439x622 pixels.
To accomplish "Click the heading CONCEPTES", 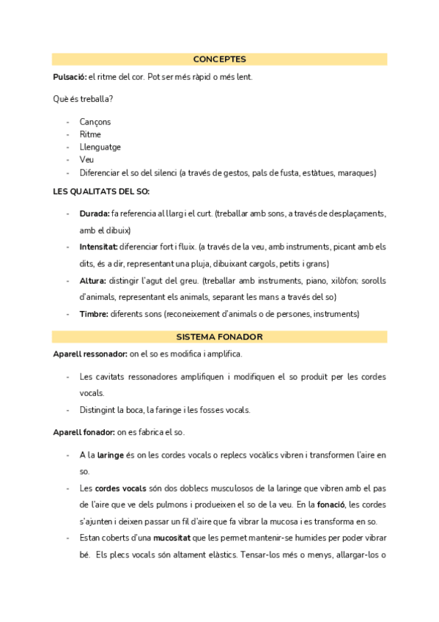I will coord(219,59).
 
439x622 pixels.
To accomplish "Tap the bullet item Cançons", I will coord(95,122).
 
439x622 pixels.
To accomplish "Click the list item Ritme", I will coord(90,134).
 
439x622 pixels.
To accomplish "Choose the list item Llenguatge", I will coord(100,147).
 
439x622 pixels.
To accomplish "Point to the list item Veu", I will coord(86,159).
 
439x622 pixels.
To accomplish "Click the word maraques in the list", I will coord(358,173).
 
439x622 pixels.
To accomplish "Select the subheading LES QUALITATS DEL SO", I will coord(101,191).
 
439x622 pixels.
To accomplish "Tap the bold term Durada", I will coord(94,213).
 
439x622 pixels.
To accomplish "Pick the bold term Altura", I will coord(92,281).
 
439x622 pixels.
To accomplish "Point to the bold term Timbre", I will coord(94,314).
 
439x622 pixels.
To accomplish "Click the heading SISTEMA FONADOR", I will coord(219,337).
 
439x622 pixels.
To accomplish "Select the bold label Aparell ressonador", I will coord(90,354).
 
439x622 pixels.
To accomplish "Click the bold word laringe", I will coord(111,455).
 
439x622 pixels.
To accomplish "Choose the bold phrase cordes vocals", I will coord(120,488).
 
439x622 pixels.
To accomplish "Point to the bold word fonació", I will coord(332,505).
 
